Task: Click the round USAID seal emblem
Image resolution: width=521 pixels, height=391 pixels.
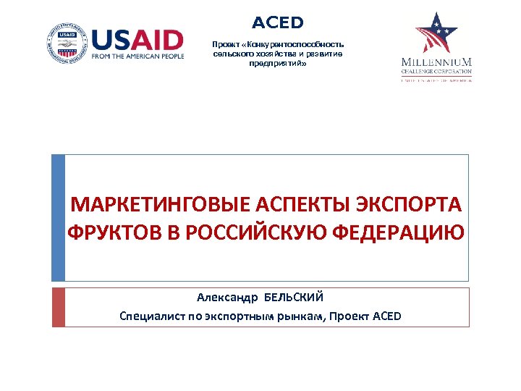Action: pos(67,43)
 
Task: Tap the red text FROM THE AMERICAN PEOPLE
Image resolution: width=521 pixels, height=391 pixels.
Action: pos(137,57)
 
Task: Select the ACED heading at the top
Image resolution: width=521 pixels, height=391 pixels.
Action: pos(278,23)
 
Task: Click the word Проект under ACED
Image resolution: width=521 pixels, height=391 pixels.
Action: pos(224,44)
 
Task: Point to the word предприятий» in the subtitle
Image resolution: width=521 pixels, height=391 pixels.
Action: pos(278,63)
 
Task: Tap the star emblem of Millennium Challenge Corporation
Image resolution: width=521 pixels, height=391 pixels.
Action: pos(436,33)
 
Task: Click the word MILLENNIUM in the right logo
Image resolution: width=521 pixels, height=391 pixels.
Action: pos(436,62)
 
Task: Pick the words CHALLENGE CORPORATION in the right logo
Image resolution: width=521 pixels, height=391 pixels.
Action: pos(436,71)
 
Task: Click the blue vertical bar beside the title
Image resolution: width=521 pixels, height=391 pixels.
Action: pos(58,217)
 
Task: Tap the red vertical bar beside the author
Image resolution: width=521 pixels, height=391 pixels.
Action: pos(58,307)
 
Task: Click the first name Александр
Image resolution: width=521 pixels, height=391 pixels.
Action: pos(227,298)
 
